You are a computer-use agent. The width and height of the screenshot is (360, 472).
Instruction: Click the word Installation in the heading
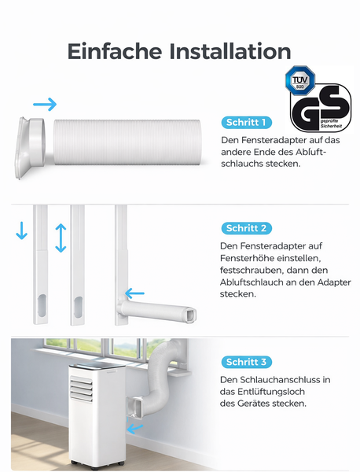click(x=228, y=52)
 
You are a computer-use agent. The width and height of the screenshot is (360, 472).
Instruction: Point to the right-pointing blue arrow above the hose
click(x=45, y=104)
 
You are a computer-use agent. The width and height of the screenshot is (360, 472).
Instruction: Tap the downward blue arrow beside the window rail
click(x=21, y=231)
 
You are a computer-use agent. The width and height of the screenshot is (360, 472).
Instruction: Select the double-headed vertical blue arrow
click(x=61, y=238)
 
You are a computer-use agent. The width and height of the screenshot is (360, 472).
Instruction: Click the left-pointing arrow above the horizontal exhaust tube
click(x=134, y=295)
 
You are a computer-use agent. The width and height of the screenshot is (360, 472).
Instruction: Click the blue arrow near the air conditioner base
click(x=137, y=429)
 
